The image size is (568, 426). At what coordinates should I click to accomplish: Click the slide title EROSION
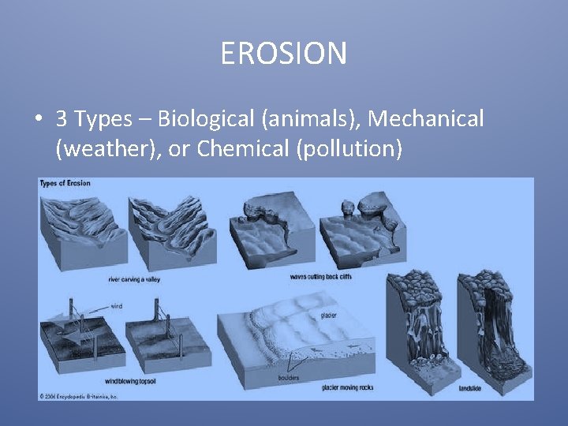283,54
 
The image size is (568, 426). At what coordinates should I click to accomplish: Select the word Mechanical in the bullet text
426,119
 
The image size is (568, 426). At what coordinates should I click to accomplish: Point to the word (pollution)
347,148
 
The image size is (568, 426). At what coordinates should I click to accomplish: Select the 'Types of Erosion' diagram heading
65,184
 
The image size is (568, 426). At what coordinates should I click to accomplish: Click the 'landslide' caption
472,388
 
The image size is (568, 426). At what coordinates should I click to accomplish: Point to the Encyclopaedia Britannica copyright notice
79,396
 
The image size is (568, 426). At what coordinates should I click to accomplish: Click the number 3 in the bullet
61,119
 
